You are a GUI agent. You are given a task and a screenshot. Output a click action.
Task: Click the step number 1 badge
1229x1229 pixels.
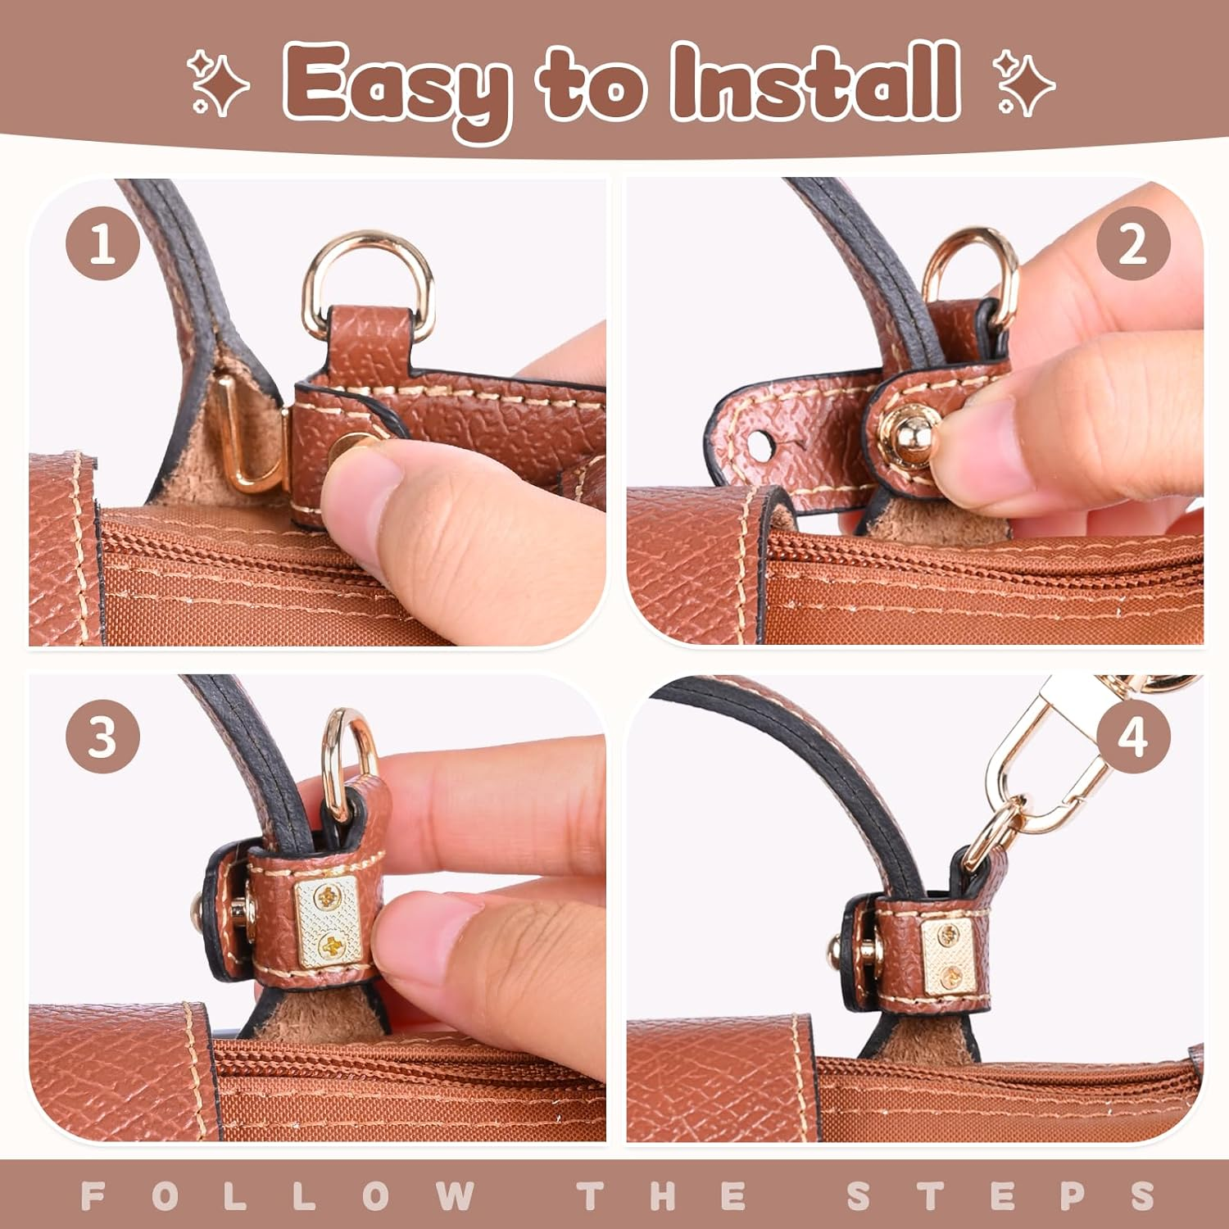click(102, 243)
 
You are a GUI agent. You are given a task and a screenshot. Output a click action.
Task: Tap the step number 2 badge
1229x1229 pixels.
click(1133, 243)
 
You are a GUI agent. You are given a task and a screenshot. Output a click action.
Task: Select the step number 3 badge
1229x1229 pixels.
click(102, 737)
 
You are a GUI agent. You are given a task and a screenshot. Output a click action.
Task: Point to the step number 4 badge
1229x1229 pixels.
click(1133, 737)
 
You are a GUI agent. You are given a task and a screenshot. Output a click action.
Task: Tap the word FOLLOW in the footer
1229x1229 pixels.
click(279, 1195)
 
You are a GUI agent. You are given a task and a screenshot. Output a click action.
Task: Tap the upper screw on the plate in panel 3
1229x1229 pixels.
click(330, 897)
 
